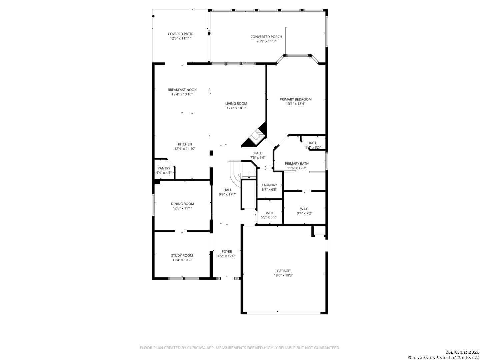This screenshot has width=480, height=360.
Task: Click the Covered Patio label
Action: pos(180,34)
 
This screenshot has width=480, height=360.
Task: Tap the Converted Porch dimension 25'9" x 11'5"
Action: pos(266,41)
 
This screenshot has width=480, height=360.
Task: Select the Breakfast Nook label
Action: pos(182,90)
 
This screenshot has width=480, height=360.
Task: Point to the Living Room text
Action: pos(236,104)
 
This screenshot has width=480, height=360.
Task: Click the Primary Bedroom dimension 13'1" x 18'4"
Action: pos(295,104)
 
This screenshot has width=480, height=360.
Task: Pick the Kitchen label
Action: pos(185,144)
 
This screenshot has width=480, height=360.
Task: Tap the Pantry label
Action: pos(164,168)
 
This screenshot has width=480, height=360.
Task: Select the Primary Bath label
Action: pos(297,163)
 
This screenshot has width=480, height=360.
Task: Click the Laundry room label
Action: pos(269,185)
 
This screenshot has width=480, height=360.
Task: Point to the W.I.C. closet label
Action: pos(304,209)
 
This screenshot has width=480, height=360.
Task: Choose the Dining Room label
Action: pos(182,204)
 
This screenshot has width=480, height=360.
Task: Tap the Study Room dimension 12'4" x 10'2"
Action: pos(182,260)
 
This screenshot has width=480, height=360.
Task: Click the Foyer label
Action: pos(227,252)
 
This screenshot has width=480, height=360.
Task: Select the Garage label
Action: pos(283,271)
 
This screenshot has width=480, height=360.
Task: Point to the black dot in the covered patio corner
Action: pos(153,16)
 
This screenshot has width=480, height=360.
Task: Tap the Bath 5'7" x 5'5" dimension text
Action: pos(269,217)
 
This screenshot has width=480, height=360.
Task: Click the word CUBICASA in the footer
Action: pos(196,348)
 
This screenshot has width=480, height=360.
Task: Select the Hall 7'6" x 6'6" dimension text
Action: pos(258,158)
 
